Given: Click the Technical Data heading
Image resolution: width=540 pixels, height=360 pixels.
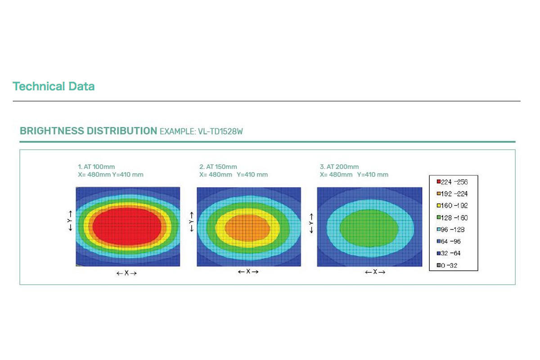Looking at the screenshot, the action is pos(54,86).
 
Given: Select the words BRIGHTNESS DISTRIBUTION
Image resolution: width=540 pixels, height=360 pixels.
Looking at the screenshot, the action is pos(89,131).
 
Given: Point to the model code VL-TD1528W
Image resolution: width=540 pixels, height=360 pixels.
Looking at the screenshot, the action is pos(220,131).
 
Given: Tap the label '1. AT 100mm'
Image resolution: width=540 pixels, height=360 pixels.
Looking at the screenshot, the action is pos(96,166).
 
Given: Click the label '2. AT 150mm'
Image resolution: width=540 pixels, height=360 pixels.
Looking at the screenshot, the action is pos(218,166).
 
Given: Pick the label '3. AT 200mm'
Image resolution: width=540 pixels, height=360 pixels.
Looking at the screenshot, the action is pos(339,166).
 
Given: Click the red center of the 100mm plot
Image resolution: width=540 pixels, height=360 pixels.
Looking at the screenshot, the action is pos(127,227).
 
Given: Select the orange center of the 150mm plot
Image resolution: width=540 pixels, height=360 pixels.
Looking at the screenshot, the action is pos(247,228).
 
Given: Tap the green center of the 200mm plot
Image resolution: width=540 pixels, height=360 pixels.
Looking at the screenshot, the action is pos(369,228).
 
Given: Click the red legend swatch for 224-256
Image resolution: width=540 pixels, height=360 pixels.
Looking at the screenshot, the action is pos(439,181).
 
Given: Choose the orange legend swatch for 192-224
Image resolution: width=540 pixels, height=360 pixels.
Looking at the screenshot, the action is pos(439,193).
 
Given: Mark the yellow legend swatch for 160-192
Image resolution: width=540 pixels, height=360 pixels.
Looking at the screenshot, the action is pos(439,206).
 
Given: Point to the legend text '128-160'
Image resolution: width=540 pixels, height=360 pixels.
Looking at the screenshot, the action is pos(454,218).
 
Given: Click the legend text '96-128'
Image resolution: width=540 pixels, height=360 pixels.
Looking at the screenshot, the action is pos(453,229).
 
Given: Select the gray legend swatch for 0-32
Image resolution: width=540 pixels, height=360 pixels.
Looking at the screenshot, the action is pos(439,265).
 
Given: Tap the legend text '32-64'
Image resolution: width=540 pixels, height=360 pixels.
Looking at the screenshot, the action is pos(451,253).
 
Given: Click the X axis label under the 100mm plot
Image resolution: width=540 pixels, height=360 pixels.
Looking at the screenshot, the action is pos(126,273).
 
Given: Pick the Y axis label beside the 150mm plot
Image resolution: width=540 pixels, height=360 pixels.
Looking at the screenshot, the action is pos(192,222).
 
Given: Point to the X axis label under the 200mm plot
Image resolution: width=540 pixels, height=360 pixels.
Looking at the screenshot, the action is pos(375,272).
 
